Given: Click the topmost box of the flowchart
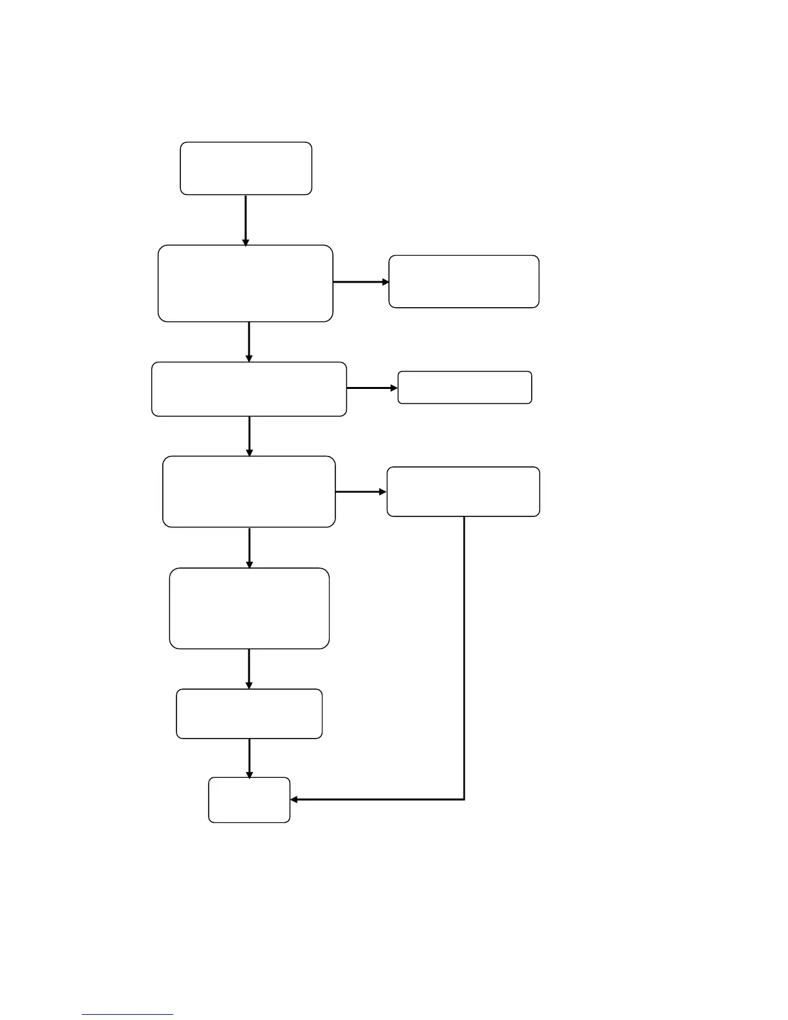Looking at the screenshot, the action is tap(246, 168).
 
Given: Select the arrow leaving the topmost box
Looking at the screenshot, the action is tap(246, 220).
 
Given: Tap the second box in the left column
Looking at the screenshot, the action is tap(245, 283).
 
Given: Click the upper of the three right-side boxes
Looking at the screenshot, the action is tap(464, 281).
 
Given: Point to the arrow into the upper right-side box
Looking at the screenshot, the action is tap(361, 282).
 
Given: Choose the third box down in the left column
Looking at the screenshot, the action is tap(249, 389).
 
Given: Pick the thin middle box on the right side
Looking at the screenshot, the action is tap(465, 388).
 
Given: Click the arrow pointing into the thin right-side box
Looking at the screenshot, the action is tap(373, 388).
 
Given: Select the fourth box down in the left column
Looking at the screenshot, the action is tap(249, 492).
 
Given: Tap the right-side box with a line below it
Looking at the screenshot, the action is tap(463, 491).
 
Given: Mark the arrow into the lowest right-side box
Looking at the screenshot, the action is tap(361, 492).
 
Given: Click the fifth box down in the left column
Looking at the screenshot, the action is tap(249, 608).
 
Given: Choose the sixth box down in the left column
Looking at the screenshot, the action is tap(249, 713).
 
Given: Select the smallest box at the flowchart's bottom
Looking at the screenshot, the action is tap(249, 800).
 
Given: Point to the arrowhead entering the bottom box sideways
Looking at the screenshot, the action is tap(295, 800).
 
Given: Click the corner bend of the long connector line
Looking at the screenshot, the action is tap(464, 800).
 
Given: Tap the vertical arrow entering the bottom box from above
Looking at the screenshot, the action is tap(249, 758).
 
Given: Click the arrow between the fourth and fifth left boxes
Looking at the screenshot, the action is tap(249, 547).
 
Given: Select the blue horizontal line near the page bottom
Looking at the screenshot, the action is tap(127, 1015).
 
